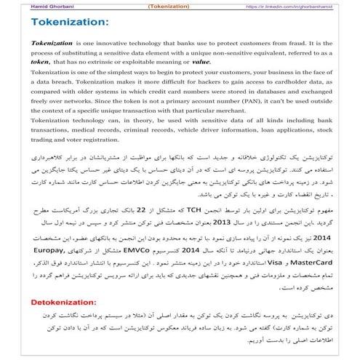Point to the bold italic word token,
coord(43,63)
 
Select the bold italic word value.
coord(181,63)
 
